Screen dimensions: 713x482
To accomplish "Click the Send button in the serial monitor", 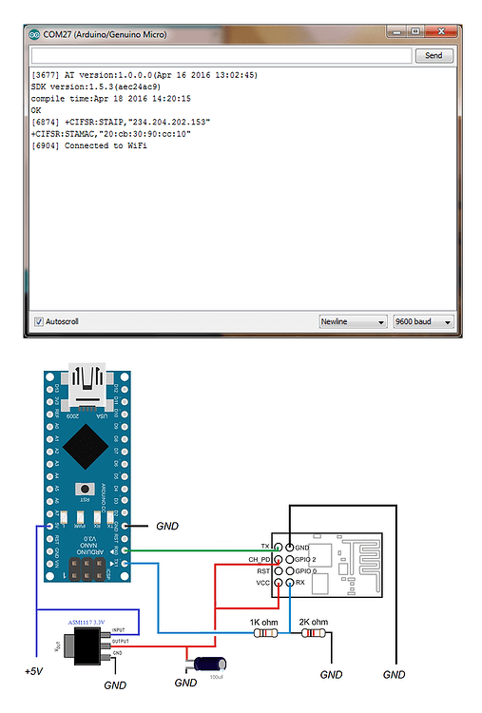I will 434,56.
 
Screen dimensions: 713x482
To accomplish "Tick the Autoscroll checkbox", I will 39,321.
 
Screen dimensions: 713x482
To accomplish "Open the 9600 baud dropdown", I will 422,321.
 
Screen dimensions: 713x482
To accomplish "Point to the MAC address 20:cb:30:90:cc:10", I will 153,134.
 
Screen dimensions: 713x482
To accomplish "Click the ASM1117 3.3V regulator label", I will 88,621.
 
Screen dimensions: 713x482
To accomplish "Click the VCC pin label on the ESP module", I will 261,582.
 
